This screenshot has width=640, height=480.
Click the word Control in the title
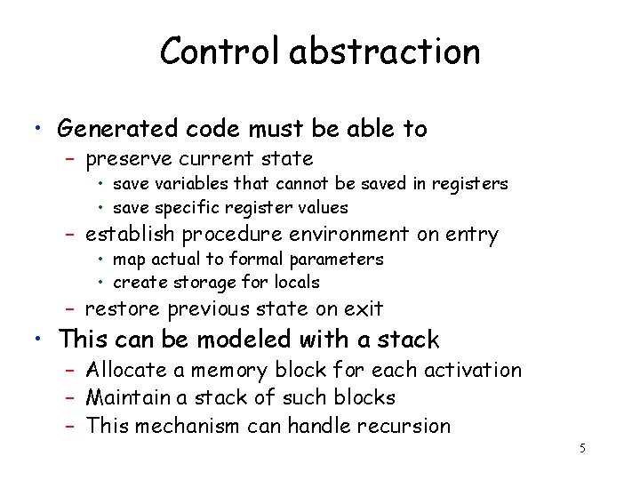point(220,52)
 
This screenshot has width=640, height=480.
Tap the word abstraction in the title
point(384,52)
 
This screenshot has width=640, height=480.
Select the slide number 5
point(582,448)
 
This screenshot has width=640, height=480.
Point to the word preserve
point(124,160)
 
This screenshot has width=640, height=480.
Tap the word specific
point(185,207)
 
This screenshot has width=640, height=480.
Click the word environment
point(333,235)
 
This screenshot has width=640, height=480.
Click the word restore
point(122,309)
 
